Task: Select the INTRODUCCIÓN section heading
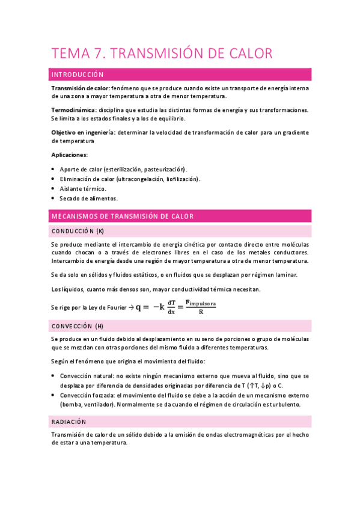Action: (x=78, y=75)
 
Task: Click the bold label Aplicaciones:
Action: (x=70, y=155)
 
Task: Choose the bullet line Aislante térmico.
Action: (x=83, y=188)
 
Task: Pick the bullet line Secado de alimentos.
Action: (x=88, y=198)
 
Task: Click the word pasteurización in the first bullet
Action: (x=163, y=169)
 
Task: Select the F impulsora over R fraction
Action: (x=200, y=307)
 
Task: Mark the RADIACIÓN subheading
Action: (x=70, y=422)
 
